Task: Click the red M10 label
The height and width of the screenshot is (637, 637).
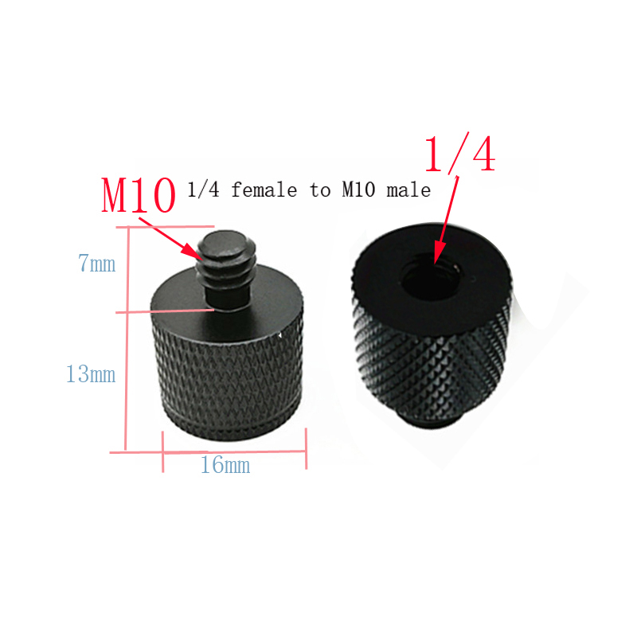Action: pos(138,195)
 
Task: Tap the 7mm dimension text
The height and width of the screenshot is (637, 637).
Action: pos(96,264)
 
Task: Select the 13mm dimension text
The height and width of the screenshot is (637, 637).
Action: pos(91,373)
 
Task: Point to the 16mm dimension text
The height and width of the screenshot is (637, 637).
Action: pos(225,465)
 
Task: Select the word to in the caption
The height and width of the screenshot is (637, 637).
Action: pos(315,190)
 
